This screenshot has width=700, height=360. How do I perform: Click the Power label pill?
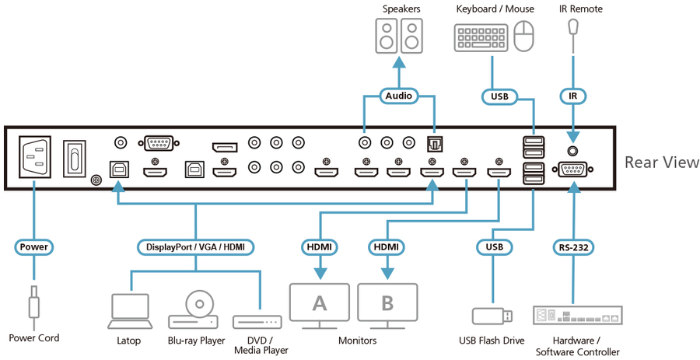[x=33, y=247]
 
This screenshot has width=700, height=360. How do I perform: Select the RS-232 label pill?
[x=573, y=248]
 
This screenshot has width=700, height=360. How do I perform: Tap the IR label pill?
[x=573, y=96]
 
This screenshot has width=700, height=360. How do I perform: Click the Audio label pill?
[x=398, y=96]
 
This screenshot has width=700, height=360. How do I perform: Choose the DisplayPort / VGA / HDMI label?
[x=195, y=247]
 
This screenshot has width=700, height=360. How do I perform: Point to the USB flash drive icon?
[x=492, y=316]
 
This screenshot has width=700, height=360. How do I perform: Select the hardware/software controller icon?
[x=575, y=316]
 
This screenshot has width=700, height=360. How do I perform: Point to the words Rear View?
[x=662, y=163]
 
